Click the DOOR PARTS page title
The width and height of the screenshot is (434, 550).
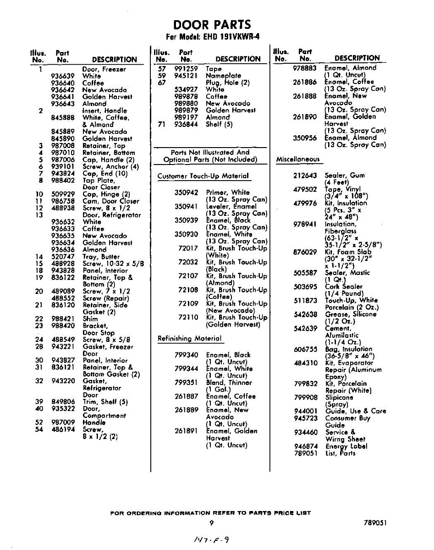point(212,24)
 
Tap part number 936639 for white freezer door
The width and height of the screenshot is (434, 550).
point(63,76)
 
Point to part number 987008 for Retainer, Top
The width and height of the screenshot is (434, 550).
point(63,146)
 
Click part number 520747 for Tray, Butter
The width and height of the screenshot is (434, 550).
point(63,257)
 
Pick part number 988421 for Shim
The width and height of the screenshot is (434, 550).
point(63,319)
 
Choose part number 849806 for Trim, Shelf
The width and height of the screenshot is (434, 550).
point(63,402)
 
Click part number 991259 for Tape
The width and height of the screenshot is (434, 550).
point(186,69)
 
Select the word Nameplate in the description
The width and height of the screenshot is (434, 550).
point(224,76)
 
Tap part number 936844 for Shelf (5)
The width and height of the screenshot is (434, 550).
point(186,124)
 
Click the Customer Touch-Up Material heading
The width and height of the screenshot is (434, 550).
point(203,176)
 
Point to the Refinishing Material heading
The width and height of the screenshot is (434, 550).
point(189,339)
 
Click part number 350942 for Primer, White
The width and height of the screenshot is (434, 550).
point(186,192)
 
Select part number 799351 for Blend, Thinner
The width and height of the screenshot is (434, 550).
point(186,383)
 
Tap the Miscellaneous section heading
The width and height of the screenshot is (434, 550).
point(298,159)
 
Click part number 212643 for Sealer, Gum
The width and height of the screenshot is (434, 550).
point(305,176)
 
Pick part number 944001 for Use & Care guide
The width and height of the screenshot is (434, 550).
point(305,411)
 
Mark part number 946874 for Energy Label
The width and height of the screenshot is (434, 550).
point(305,446)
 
